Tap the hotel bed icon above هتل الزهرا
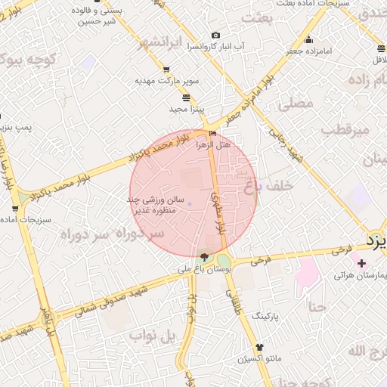click(x=212, y=134)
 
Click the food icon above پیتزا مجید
click(x=186, y=98)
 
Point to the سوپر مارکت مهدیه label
click(x=166, y=80)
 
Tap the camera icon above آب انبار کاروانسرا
click(x=216, y=36)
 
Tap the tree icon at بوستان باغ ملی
click(x=204, y=258)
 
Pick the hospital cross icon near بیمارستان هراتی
click(x=361, y=264)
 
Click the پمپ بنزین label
click(x=17, y=128)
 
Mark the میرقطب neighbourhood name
click(x=344, y=129)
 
